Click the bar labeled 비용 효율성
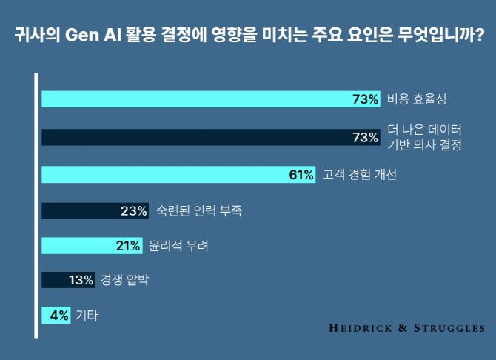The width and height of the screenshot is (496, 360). [192, 99]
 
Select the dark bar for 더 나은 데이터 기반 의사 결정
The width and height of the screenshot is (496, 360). [192, 138]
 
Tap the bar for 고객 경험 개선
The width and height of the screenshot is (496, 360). [163, 175]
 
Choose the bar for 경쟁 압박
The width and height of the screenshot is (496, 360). [56, 280]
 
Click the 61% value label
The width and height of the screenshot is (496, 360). [301, 175]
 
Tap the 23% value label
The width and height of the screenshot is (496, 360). [134, 211]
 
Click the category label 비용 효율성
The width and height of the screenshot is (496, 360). [419, 99]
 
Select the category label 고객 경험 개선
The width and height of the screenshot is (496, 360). [361, 175]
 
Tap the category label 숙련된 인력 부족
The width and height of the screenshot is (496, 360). [199, 211]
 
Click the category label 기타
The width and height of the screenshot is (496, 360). [87, 315]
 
